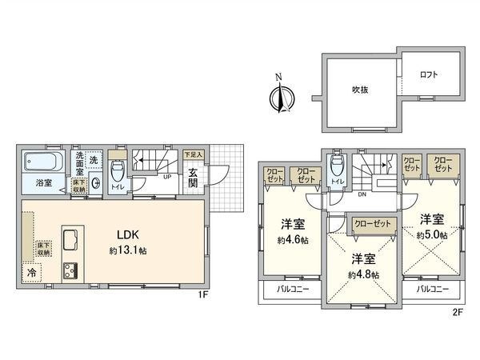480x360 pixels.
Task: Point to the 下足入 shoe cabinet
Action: point(194,154)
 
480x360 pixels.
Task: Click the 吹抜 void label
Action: point(361,90)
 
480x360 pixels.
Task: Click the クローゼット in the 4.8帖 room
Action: point(372,223)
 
